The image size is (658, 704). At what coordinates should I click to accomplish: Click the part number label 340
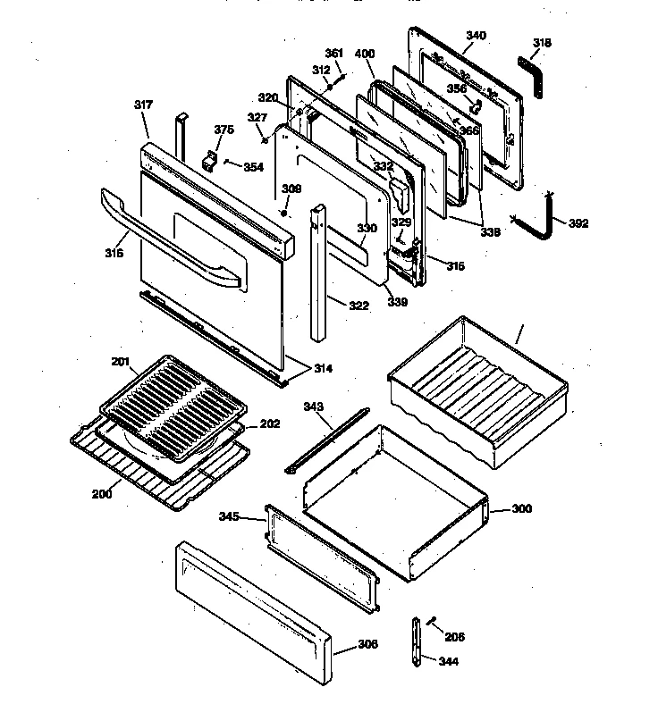tap(476, 36)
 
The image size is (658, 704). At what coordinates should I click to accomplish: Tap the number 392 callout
tap(578, 223)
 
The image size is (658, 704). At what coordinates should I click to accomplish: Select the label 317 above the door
tap(143, 105)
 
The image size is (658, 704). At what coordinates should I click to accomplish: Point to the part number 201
tap(121, 361)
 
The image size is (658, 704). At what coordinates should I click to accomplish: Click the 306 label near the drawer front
tap(367, 643)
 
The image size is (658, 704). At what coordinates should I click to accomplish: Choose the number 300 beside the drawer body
tap(521, 508)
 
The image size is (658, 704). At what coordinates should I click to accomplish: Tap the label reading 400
tap(364, 54)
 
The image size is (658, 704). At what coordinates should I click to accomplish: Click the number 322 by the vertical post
tap(358, 306)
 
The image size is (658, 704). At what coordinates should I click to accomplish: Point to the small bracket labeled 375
tap(212, 161)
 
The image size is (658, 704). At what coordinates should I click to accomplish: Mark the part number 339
tap(398, 303)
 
